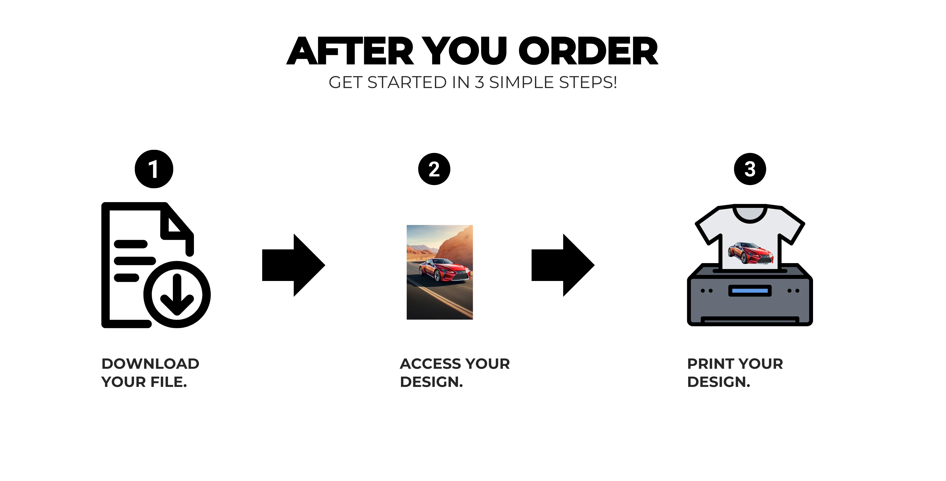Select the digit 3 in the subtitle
pos(479,82)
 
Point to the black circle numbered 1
pos(154,169)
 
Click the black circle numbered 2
pos(434,169)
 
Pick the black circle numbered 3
pos(750,169)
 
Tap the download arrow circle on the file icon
pos(177,294)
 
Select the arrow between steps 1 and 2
pos(294,265)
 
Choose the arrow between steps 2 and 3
pos(563,265)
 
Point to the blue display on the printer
pos(750,291)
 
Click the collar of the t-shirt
pos(750,214)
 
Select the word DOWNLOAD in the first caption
pos(151,364)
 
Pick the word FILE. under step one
pos(169,382)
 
